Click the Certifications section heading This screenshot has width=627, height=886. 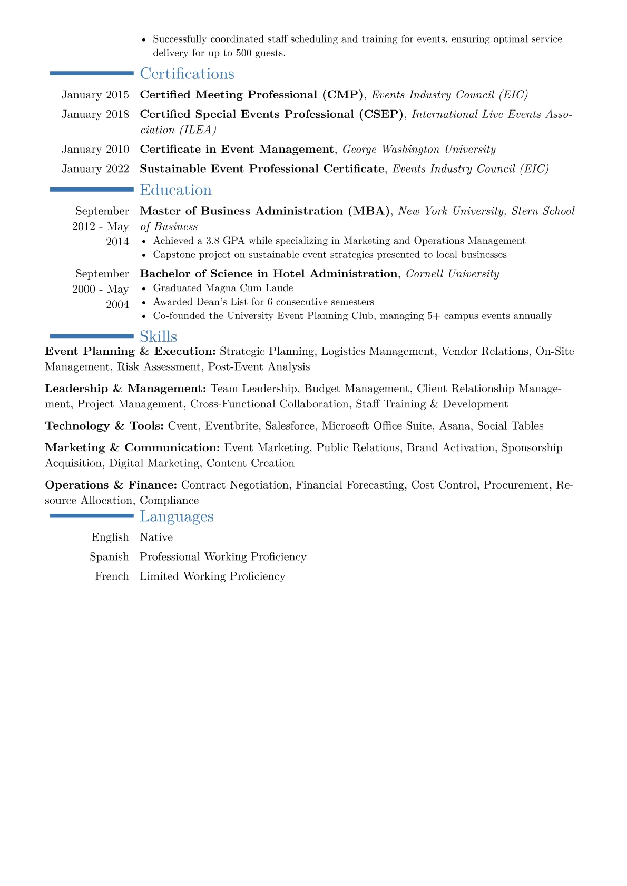[187, 74]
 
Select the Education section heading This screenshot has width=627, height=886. [175, 190]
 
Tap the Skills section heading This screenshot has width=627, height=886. [158, 336]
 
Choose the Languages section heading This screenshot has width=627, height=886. [177, 516]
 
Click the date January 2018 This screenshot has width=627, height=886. [95, 114]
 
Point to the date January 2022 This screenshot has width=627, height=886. [95, 168]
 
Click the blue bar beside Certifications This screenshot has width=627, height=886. [92, 73]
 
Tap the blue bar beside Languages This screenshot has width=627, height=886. [92, 516]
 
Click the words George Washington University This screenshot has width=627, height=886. [419, 150]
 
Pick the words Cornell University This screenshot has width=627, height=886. [452, 274]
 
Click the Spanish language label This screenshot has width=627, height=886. [109, 557]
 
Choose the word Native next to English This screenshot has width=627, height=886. [156, 537]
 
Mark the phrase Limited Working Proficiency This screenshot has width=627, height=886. [212, 576]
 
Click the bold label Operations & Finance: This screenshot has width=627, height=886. [111, 485]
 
